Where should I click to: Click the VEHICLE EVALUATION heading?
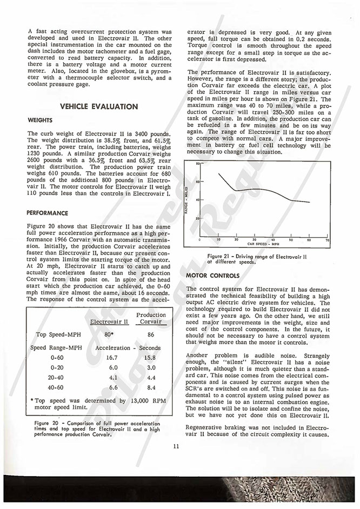click(x=99, y=106)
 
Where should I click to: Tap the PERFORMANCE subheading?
click(x=48, y=213)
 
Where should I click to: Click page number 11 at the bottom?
click(x=176, y=446)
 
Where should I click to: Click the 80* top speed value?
click(x=111, y=334)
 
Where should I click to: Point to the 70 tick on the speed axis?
click(x=327, y=239)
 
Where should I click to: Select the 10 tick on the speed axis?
click(x=218, y=239)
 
